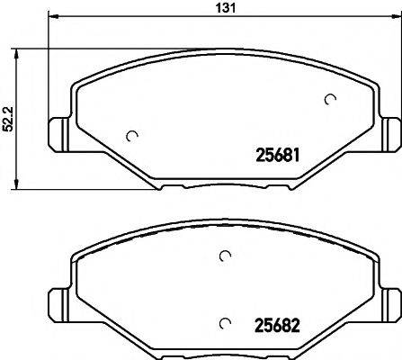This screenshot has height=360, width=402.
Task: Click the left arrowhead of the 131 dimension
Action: [50, 17]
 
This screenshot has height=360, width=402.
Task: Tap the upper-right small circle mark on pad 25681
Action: [330, 100]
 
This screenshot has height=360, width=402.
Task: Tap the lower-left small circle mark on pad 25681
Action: [133, 137]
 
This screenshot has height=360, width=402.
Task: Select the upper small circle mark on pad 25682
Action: [224, 256]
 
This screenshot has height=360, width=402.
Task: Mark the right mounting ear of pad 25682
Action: [390, 301]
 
